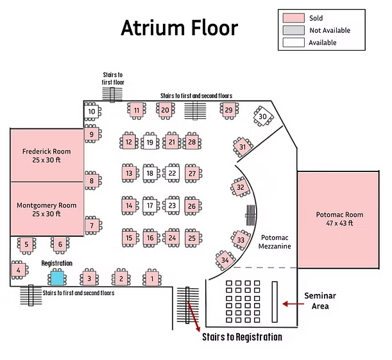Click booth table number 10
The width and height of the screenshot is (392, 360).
92,111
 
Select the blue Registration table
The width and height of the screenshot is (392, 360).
57,278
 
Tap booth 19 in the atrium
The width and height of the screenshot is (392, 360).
149,142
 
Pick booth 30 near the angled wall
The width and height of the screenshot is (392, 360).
262,117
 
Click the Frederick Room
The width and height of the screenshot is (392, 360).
47,155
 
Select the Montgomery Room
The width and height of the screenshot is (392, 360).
47,209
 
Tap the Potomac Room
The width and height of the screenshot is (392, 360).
338,219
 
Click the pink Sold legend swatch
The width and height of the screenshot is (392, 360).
293,18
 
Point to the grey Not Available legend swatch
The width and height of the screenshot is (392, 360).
293,30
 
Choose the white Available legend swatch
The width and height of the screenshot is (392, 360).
293,42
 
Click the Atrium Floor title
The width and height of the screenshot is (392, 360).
179,28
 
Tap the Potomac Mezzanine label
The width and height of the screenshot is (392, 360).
275,242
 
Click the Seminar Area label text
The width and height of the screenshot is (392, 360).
320,301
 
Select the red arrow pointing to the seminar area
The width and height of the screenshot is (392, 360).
293,304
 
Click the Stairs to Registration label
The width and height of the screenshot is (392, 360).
242,337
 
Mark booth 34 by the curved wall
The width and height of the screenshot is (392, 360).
225,260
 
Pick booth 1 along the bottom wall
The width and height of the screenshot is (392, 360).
152,279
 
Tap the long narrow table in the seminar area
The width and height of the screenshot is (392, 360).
275,302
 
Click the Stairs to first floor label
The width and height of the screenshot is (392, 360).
113,78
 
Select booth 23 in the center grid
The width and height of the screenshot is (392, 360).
172,205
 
